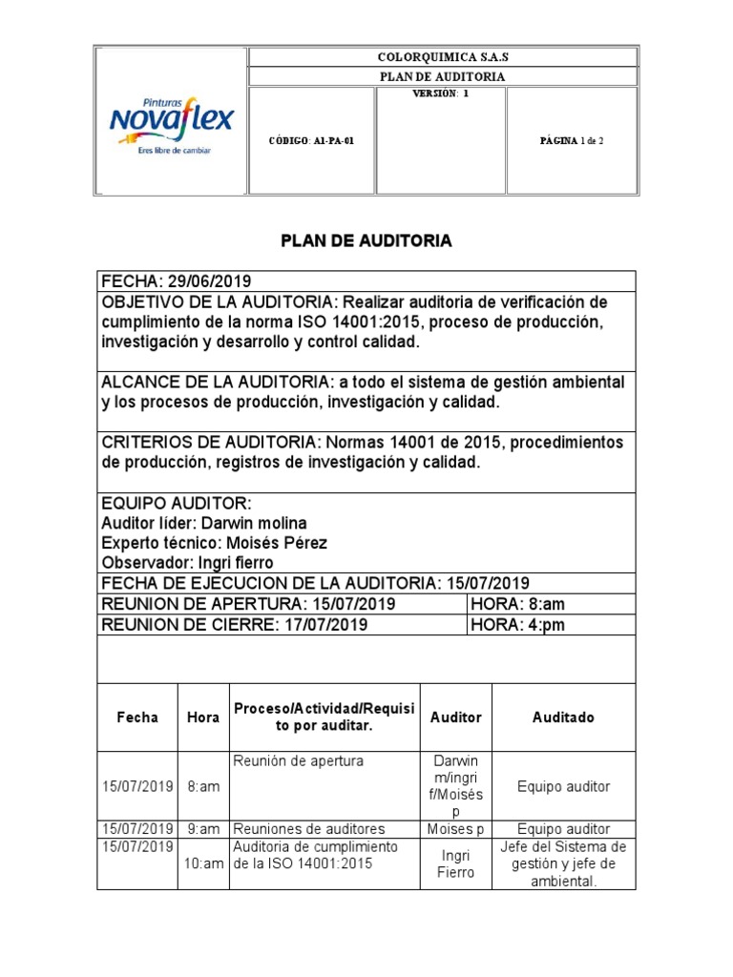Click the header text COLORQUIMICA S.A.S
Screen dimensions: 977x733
coord(443,56)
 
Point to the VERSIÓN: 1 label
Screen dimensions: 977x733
coord(441,94)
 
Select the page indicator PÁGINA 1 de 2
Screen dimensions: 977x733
coord(571,140)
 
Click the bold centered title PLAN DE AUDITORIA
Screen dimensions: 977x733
coord(366,242)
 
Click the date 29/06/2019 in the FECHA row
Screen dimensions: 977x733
coord(208,281)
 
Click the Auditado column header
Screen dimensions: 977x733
coord(562,717)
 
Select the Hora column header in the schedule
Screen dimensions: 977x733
coord(203,717)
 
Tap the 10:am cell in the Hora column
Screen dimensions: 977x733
coord(203,863)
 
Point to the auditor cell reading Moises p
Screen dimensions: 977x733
coord(455,829)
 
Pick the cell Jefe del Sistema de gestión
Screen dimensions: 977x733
coord(562,855)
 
